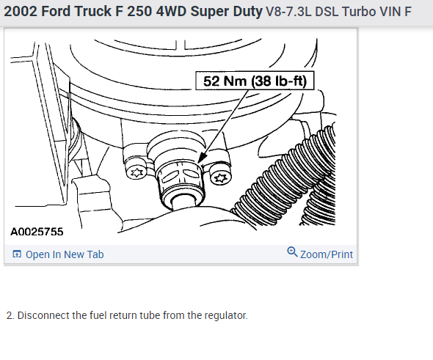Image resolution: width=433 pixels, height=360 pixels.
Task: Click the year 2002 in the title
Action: tap(20, 11)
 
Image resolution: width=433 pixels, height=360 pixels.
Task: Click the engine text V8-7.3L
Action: tap(288, 12)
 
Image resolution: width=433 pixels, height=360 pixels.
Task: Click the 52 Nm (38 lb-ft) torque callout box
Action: tap(255, 81)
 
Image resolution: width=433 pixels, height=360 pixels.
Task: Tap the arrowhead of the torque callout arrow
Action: tap(202, 158)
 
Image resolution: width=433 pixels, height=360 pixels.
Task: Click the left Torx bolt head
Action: tap(137, 173)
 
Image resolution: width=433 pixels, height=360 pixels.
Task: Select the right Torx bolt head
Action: tap(221, 177)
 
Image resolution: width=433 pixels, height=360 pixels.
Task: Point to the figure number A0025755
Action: tap(37, 232)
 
